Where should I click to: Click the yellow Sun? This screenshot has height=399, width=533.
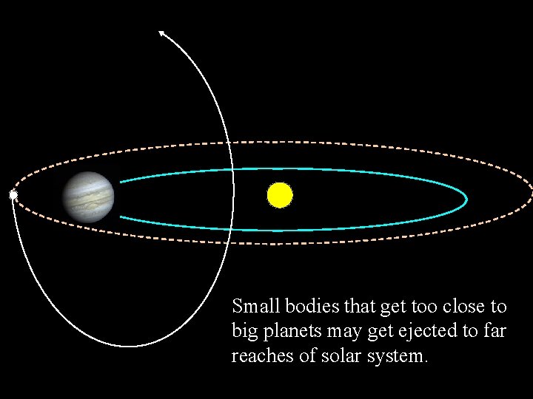pos(280,195)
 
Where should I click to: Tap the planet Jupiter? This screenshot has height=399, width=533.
pos(89,196)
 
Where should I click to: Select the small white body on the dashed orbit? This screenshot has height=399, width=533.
pos(13,195)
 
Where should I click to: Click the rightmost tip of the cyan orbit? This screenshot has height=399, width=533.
pos(467,197)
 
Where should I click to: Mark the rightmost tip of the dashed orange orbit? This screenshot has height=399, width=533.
pos(532,194)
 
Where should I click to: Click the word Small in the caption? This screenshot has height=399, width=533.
pos(252,306)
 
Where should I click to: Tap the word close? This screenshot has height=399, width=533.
pos(468,306)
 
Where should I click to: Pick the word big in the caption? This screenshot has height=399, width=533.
pos(242,331)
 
